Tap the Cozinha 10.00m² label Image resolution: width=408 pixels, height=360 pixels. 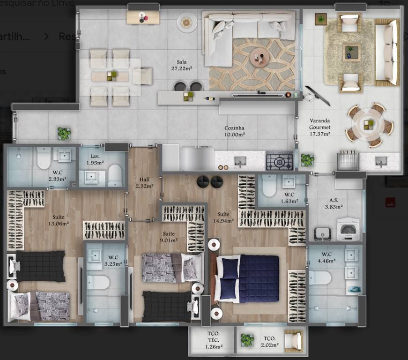[x=234, y=131]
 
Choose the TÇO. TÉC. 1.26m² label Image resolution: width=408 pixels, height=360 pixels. [x=214, y=340]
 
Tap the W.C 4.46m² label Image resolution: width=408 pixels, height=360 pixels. [x=326, y=258]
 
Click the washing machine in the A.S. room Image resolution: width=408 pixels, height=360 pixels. [x=349, y=228]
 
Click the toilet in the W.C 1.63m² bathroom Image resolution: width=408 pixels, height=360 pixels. [x=269, y=188]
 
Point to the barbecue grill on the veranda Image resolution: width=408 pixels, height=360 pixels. [x=347, y=161]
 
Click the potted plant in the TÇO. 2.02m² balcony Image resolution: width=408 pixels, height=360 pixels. [x=247, y=339]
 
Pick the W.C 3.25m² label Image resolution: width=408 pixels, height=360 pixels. [x=112, y=261]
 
